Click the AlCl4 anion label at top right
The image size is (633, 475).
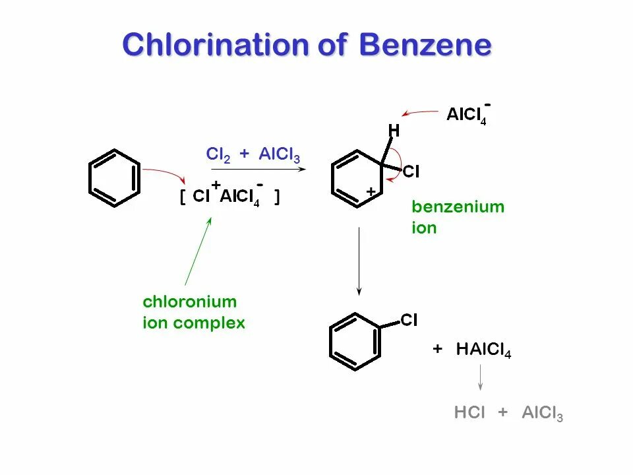(x=466, y=115)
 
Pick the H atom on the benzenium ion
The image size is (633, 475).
(x=394, y=131)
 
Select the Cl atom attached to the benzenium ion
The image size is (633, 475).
(x=411, y=172)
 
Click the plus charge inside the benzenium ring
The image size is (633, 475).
(x=371, y=191)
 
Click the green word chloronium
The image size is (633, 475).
(x=189, y=302)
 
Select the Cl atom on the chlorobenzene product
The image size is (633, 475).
(x=409, y=321)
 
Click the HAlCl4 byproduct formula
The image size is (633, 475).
(x=483, y=350)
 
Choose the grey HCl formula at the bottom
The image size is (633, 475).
(x=469, y=414)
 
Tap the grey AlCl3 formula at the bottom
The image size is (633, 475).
(x=542, y=414)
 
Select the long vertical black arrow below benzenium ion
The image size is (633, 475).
(x=359, y=261)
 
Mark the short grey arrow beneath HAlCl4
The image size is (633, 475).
(x=480, y=378)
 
